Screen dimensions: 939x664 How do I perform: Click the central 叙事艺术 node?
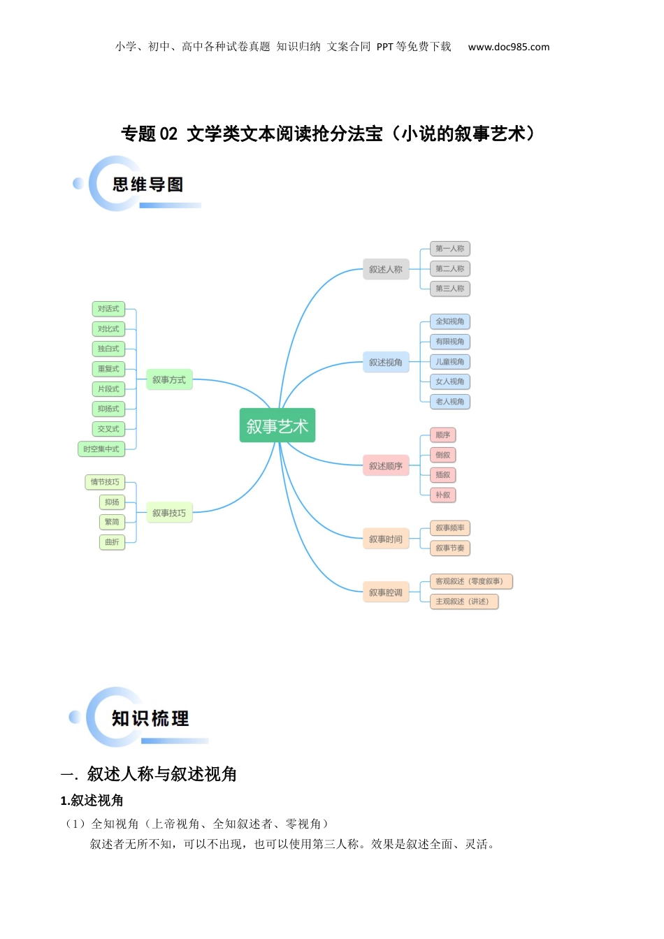click(x=277, y=425)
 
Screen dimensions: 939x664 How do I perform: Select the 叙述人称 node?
click(x=385, y=269)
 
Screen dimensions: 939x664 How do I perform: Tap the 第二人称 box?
click(x=449, y=268)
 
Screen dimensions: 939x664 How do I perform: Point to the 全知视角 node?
click(x=449, y=321)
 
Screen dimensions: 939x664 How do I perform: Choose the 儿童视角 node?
click(x=449, y=362)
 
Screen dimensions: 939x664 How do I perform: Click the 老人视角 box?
click(x=449, y=402)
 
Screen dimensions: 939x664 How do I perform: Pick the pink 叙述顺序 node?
click(x=385, y=466)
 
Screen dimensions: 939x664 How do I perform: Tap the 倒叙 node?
click(x=442, y=455)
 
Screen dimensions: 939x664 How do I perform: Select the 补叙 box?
click(x=442, y=495)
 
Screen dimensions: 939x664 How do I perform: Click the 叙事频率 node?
click(x=449, y=528)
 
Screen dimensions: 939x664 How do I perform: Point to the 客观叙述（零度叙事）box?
click(x=470, y=581)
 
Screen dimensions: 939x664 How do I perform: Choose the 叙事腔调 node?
click(x=385, y=592)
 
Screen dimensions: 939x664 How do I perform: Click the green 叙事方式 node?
click(x=169, y=380)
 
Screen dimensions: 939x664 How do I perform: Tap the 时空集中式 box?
click(x=101, y=449)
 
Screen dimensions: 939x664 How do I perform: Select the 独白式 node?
click(x=108, y=349)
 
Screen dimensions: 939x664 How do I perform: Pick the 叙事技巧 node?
click(x=169, y=513)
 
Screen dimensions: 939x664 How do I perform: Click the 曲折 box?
click(x=112, y=542)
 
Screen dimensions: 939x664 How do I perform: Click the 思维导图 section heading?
click(x=148, y=184)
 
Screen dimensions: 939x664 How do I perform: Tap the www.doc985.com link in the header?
click(x=509, y=47)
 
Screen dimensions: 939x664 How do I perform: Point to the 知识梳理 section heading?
click(x=150, y=718)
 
